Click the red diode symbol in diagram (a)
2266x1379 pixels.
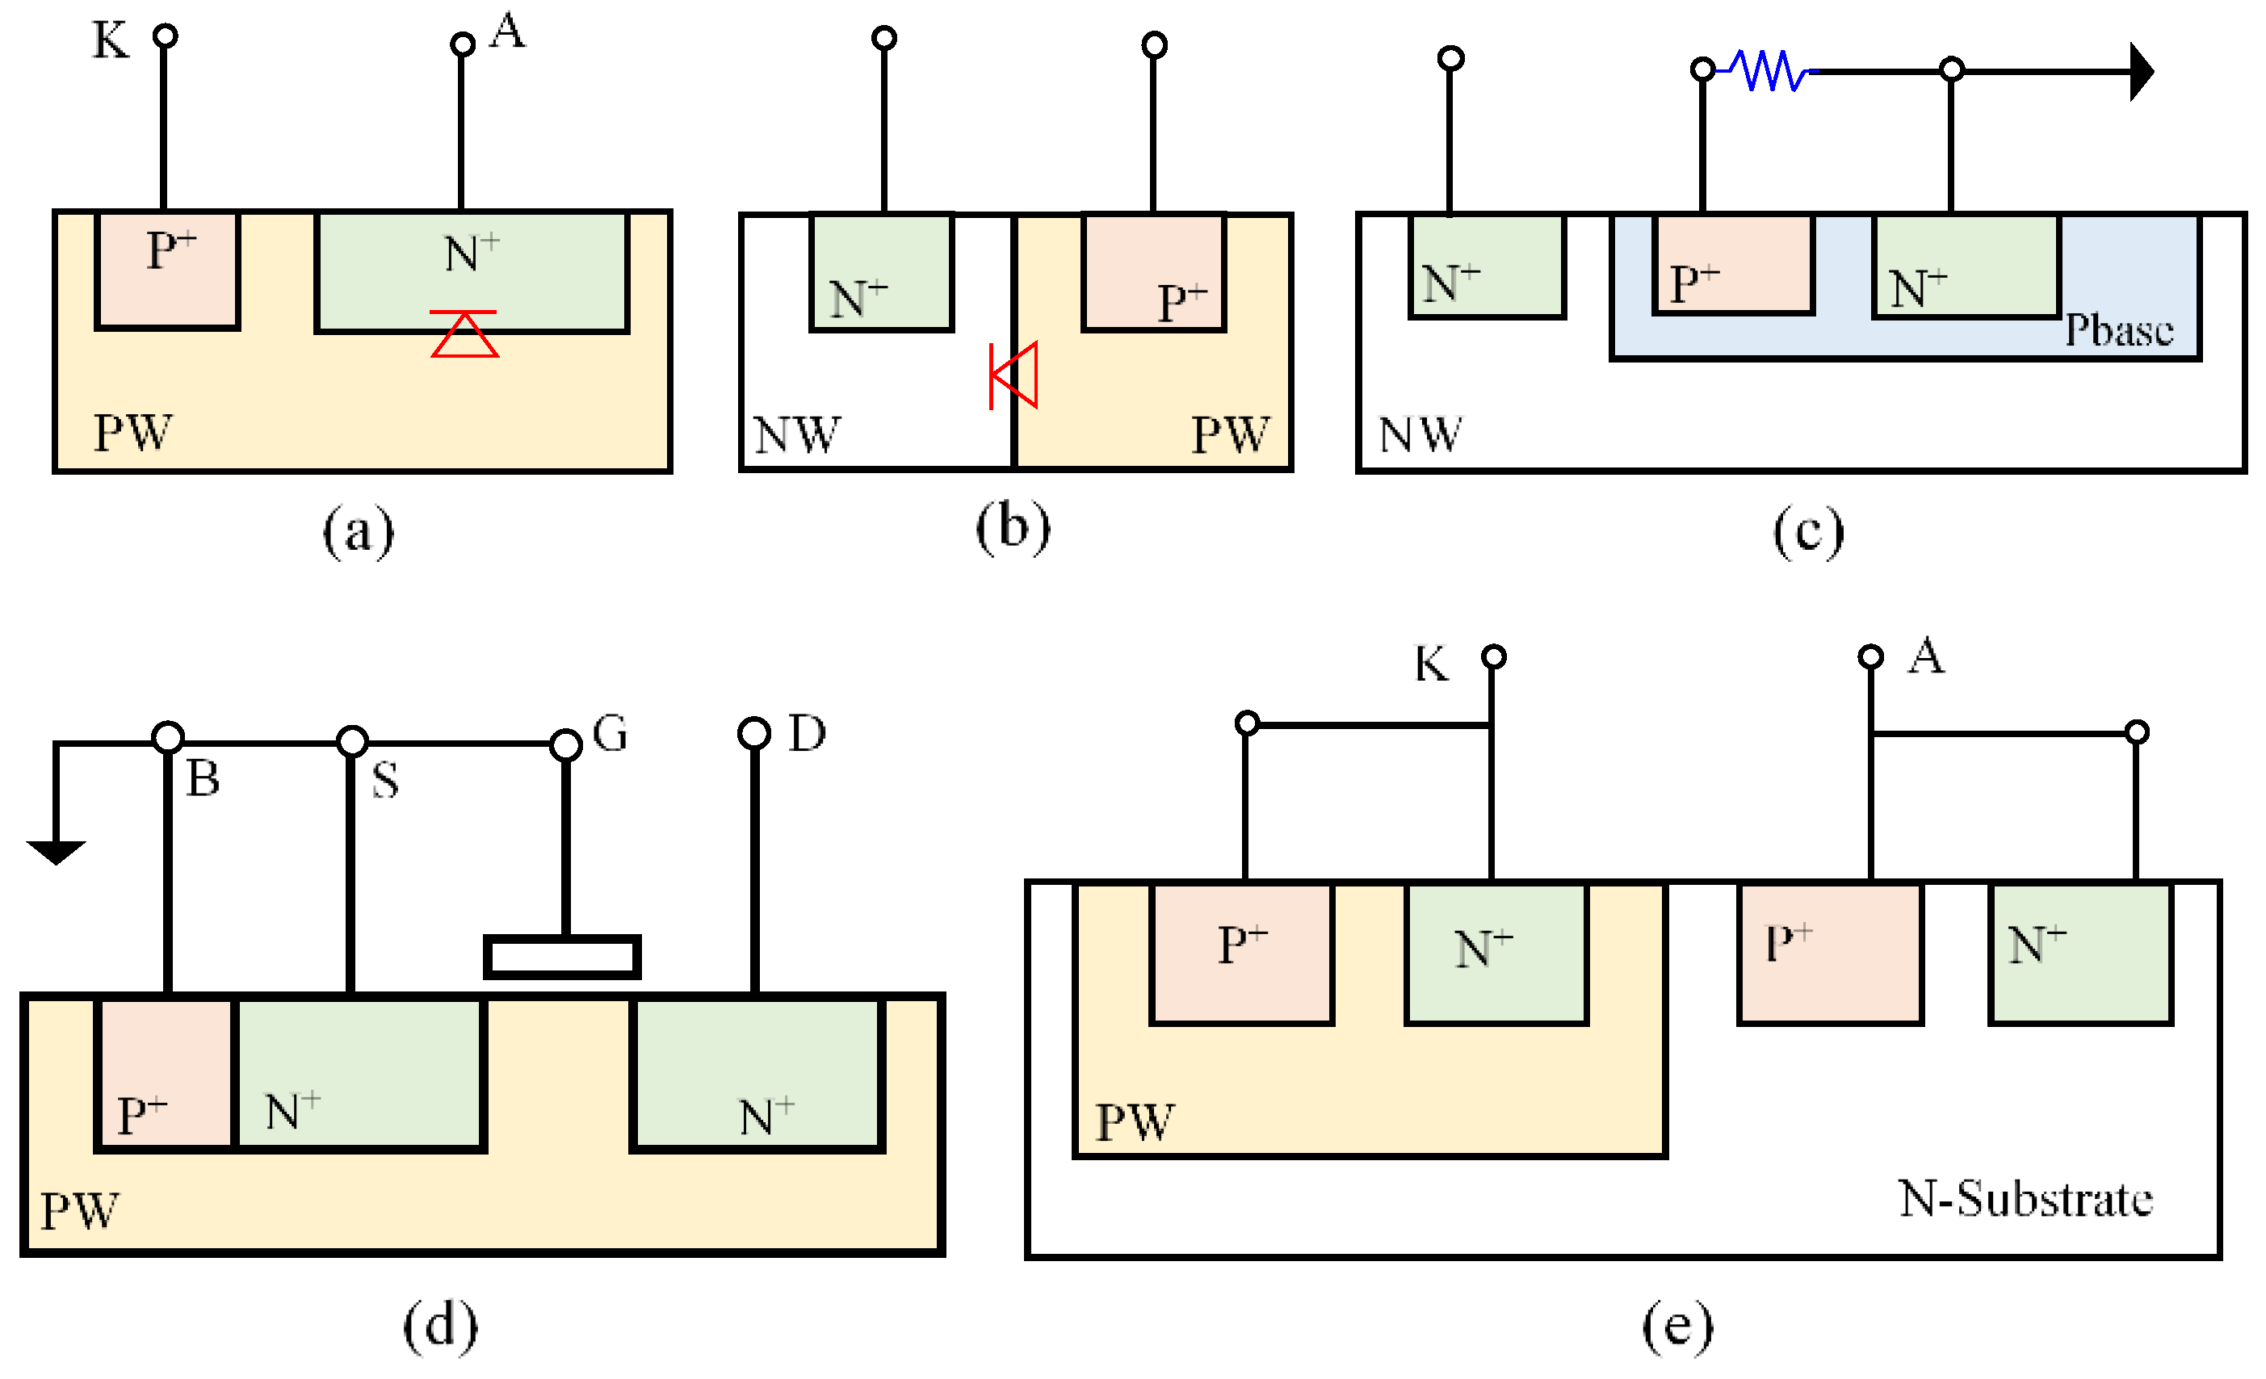(464, 333)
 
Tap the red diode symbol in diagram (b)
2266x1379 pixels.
(1014, 375)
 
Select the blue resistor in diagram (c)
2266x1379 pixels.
(1768, 70)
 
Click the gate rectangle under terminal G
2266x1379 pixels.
(562, 957)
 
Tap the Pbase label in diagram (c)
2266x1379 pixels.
(2119, 330)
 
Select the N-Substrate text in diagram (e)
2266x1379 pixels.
(2026, 1199)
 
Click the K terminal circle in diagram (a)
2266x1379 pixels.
(165, 36)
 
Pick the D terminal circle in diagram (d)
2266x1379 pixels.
(754, 734)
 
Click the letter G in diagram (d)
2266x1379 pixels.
(610, 734)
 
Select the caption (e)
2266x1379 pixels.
(1677, 1327)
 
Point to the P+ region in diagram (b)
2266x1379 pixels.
(1154, 271)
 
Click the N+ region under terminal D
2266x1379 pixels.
(757, 1073)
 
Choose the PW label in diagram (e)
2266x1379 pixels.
(1134, 1121)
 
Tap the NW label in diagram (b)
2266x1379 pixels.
(796, 435)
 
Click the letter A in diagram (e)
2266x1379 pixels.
(1926, 656)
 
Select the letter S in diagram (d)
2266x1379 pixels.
(385, 781)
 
